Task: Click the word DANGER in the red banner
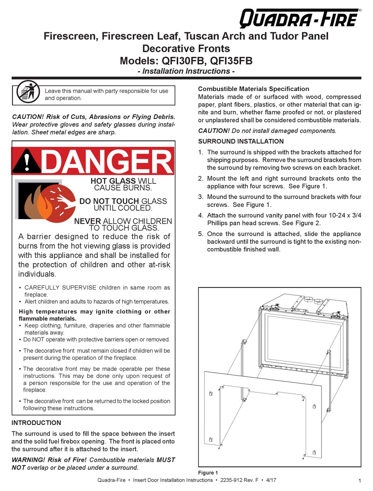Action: pyautogui.click(x=107, y=161)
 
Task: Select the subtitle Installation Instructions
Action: pyautogui.click(x=186, y=71)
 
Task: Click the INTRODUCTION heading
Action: pyautogui.click(x=37, y=423)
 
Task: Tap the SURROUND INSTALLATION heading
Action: pyautogui.click(x=241, y=141)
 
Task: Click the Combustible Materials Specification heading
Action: pyautogui.click(x=254, y=89)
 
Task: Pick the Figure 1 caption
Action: pyautogui.click(x=208, y=473)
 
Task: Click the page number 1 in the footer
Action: pyautogui.click(x=360, y=481)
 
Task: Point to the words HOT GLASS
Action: pyautogui.click(x=108, y=181)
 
